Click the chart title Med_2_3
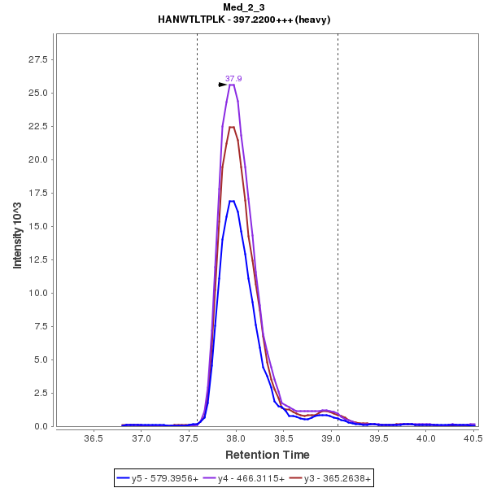244,7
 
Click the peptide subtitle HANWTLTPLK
244,19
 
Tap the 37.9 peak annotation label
233,79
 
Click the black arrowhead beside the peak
223,85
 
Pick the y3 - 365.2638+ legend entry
332,479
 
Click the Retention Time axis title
267,455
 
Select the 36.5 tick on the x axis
94,438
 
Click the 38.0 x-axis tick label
236,438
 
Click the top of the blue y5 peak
232,201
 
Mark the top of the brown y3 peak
232,127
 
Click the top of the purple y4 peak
232,85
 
